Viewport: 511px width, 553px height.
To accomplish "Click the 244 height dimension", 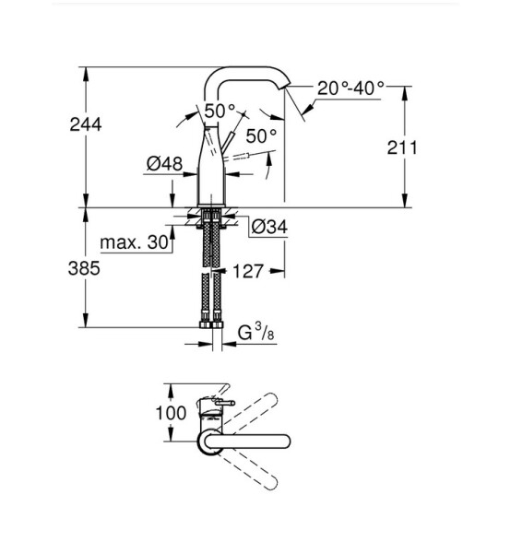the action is tap(86, 124).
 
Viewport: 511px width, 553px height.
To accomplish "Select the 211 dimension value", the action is tap(402, 147).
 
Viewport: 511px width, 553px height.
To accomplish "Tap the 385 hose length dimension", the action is tap(84, 268).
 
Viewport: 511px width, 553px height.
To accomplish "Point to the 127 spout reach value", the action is tap(248, 271).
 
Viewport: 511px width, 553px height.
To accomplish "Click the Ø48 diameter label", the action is tap(164, 164).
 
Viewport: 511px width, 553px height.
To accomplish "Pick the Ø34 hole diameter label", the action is tap(269, 227).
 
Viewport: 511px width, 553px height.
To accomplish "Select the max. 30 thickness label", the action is tap(134, 242).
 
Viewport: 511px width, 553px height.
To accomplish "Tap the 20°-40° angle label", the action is tap(351, 88).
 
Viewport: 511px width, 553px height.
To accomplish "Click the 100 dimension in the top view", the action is tap(171, 413).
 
